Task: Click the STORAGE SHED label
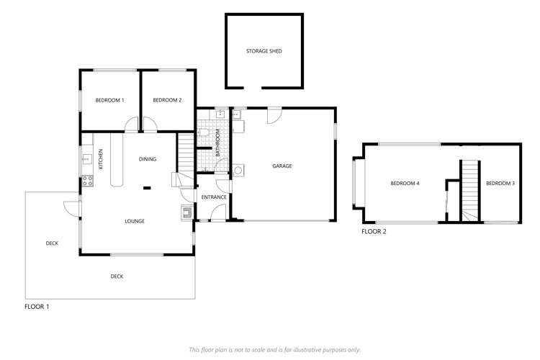pyautogui.click(x=264, y=51)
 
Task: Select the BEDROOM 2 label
pyautogui.click(x=167, y=100)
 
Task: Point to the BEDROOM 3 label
pyautogui.click(x=500, y=184)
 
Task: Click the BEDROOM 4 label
pyautogui.click(x=405, y=184)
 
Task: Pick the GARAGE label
pyautogui.click(x=282, y=166)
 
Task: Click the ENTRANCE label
pyautogui.click(x=214, y=197)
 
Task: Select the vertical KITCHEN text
pyautogui.click(x=101, y=159)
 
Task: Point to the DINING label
pyautogui.click(x=148, y=159)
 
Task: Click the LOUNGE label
pyautogui.click(x=134, y=221)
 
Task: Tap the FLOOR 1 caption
pyautogui.click(x=37, y=306)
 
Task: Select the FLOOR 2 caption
pyautogui.click(x=374, y=232)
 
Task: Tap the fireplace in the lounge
pyautogui.click(x=186, y=212)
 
